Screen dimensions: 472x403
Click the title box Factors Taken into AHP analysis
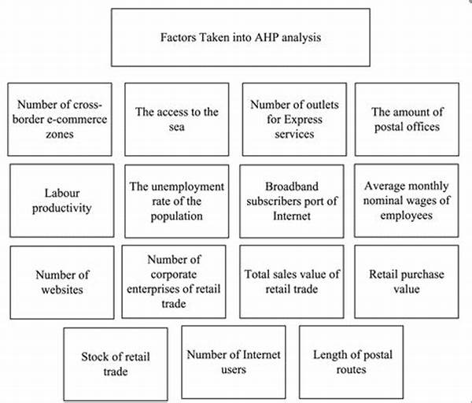[241, 37]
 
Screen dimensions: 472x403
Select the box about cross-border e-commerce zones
[60, 120]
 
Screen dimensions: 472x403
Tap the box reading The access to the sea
[177, 120]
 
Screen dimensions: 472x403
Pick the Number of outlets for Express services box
[294, 120]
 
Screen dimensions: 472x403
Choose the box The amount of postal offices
[407, 120]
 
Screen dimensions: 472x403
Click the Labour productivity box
[62, 201]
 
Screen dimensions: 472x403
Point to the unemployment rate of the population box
[177, 201]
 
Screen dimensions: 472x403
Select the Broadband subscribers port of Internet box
[292, 201]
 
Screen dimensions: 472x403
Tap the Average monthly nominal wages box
[407, 201]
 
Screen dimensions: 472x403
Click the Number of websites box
[62, 283]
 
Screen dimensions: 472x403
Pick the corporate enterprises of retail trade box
[174, 282]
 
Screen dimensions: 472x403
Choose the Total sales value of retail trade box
[292, 282]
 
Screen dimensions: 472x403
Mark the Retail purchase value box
[407, 282]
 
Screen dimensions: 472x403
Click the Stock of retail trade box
[116, 364]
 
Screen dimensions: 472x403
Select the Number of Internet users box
[234, 362]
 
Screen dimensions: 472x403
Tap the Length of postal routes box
[352, 362]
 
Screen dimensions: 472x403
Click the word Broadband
[292, 187]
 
